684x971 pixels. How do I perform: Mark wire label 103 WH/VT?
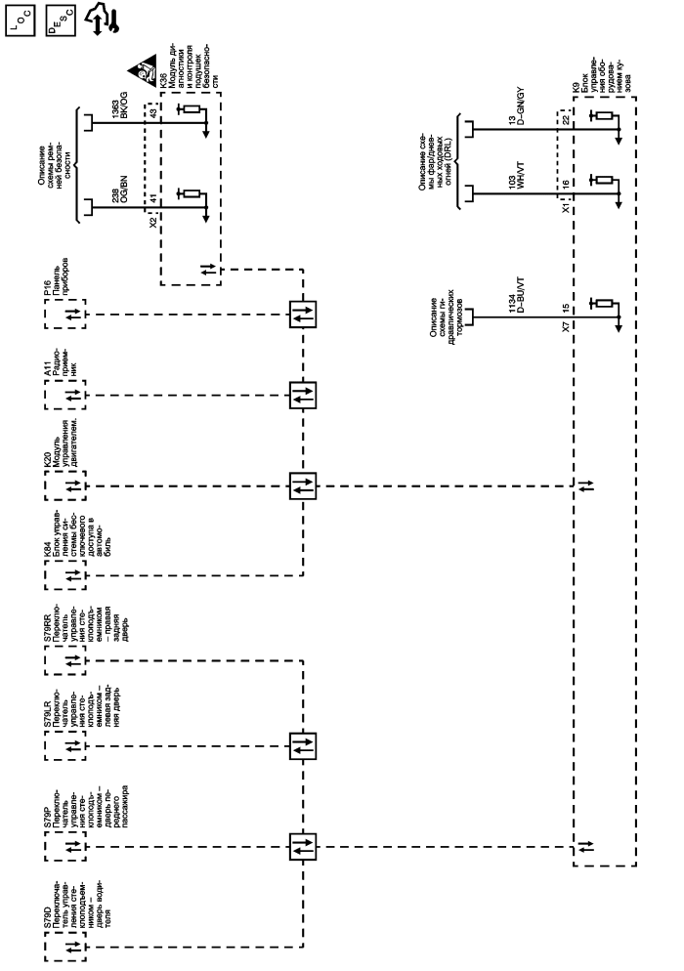[512, 179]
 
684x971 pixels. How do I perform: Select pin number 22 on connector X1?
[566, 119]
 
